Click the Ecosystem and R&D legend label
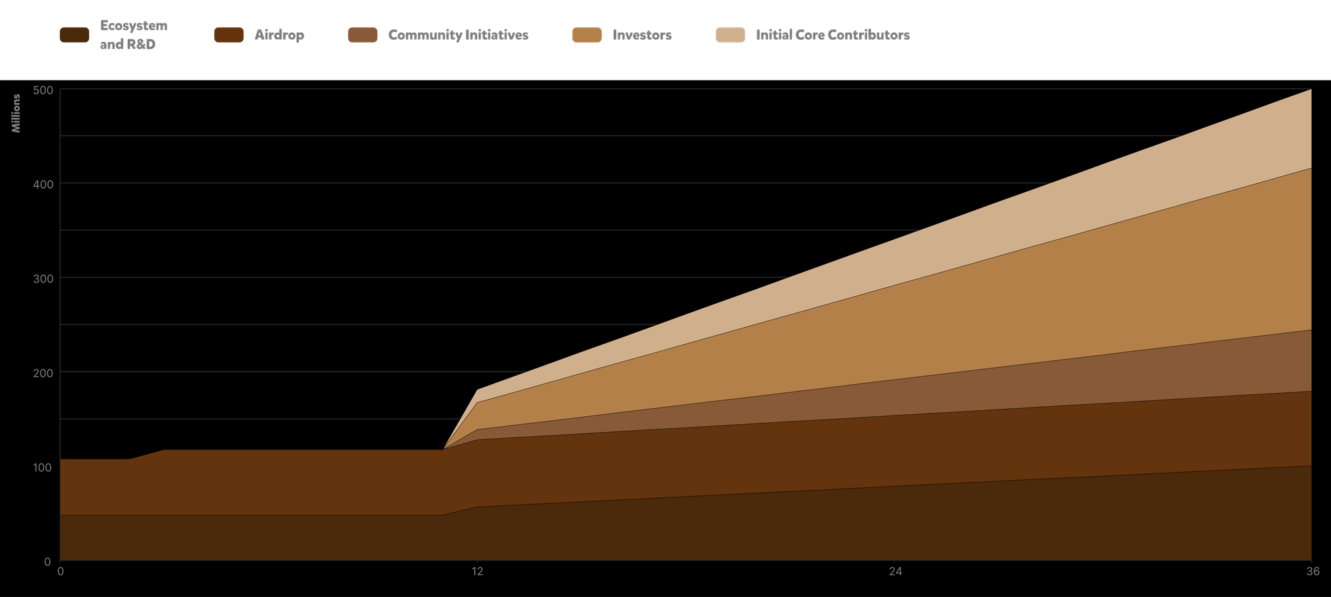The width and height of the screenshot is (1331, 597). (133, 35)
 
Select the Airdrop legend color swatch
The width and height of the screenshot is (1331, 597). (228, 35)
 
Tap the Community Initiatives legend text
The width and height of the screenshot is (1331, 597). (458, 35)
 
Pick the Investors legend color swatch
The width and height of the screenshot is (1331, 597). (586, 35)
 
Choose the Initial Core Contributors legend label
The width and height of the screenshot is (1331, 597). (833, 35)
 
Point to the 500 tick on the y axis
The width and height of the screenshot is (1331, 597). (43, 89)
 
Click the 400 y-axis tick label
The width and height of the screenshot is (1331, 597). (43, 183)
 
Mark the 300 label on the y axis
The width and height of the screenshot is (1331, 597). (43, 278)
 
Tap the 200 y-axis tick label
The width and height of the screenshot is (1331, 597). (43, 372)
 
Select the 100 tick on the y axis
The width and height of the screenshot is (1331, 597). (43, 467)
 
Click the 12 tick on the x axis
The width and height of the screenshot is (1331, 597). (477, 572)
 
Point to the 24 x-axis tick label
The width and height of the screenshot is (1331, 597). (895, 572)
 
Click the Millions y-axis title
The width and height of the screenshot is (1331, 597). (17, 113)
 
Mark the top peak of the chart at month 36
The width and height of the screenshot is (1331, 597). (1310, 90)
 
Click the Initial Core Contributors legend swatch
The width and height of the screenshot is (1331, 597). (730, 35)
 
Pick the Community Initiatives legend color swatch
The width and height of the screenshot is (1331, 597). (363, 35)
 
